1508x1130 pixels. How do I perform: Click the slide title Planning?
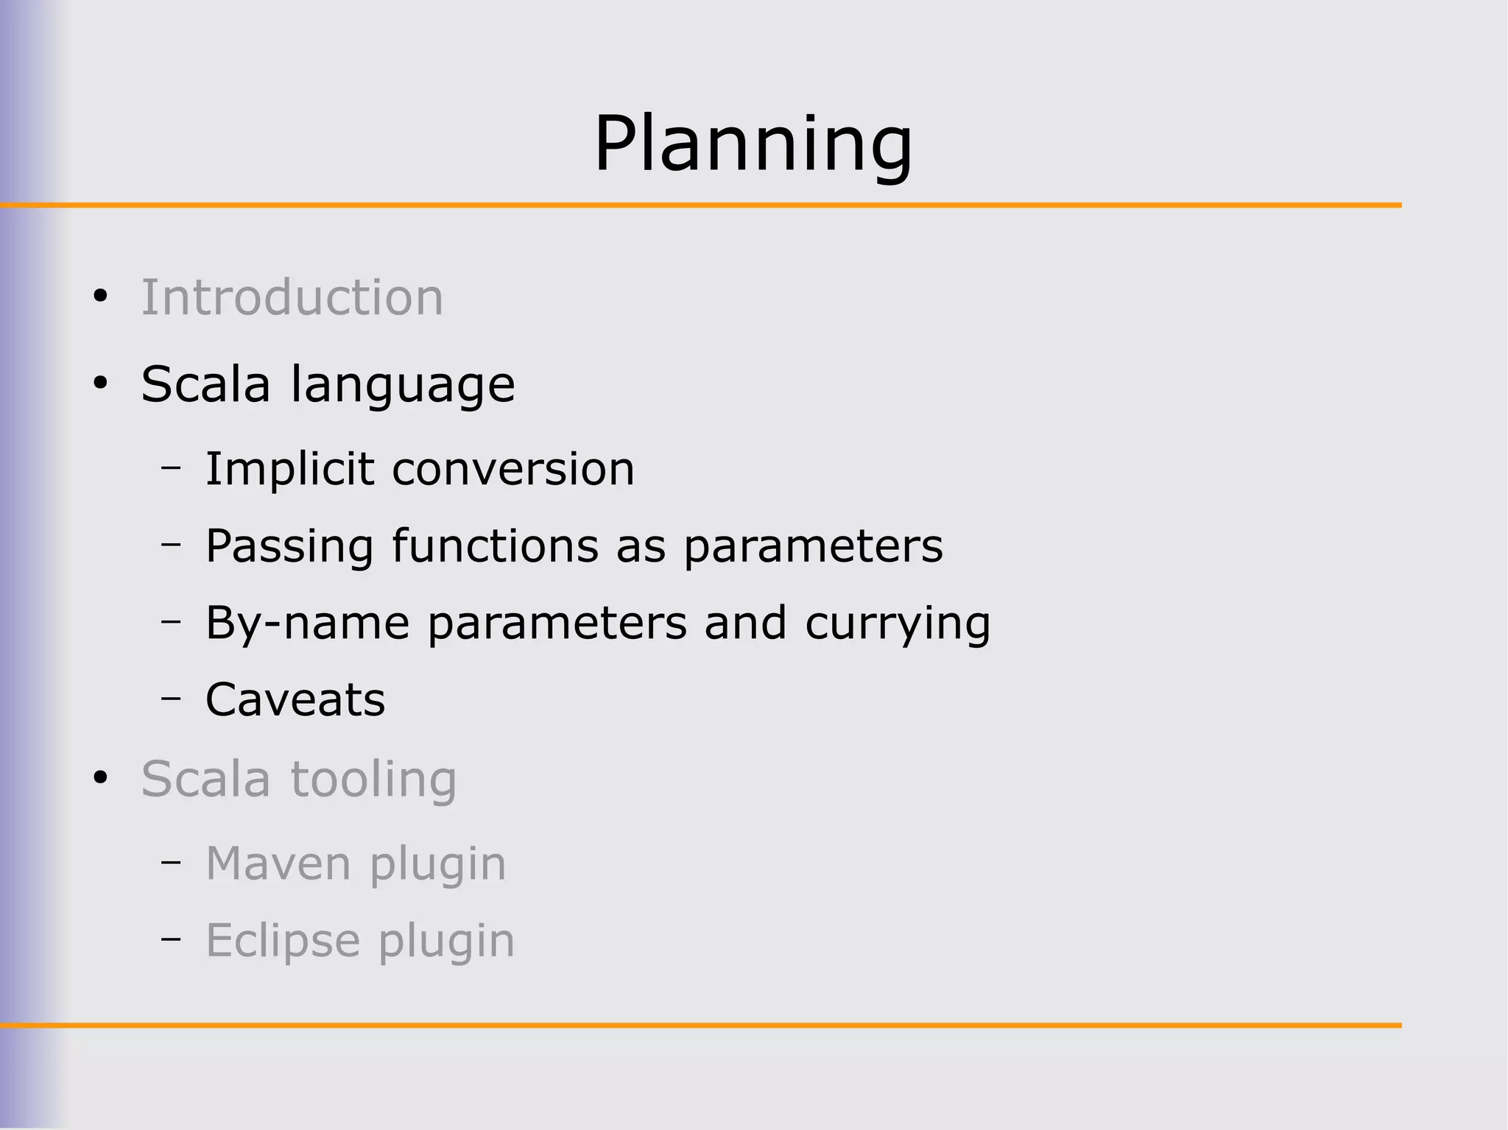point(753,144)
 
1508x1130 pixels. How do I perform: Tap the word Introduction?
point(292,297)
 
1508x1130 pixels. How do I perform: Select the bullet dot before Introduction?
point(101,297)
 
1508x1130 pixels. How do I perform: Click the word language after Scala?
point(403,385)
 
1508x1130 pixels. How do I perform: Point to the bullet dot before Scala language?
point(101,383)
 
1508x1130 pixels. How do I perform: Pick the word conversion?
point(513,469)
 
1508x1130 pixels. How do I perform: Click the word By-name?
point(307,624)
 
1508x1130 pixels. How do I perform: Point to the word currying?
point(898,624)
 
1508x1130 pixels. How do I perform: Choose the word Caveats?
point(295,699)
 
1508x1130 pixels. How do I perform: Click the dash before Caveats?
point(171,696)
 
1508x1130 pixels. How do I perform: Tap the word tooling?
point(374,780)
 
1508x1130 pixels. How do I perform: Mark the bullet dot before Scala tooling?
point(101,777)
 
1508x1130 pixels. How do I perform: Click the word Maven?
point(278,864)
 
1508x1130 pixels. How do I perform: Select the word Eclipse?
point(283,941)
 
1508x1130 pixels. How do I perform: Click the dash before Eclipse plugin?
point(171,939)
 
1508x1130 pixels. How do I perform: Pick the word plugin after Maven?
point(438,865)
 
